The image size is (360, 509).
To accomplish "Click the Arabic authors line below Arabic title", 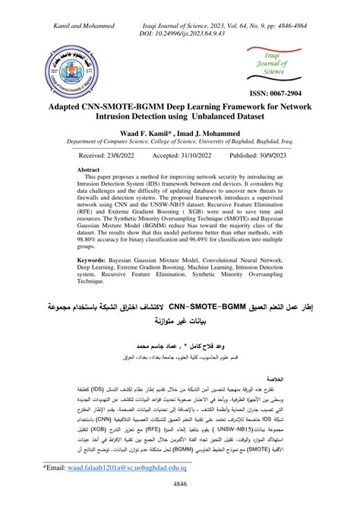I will [181, 343].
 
